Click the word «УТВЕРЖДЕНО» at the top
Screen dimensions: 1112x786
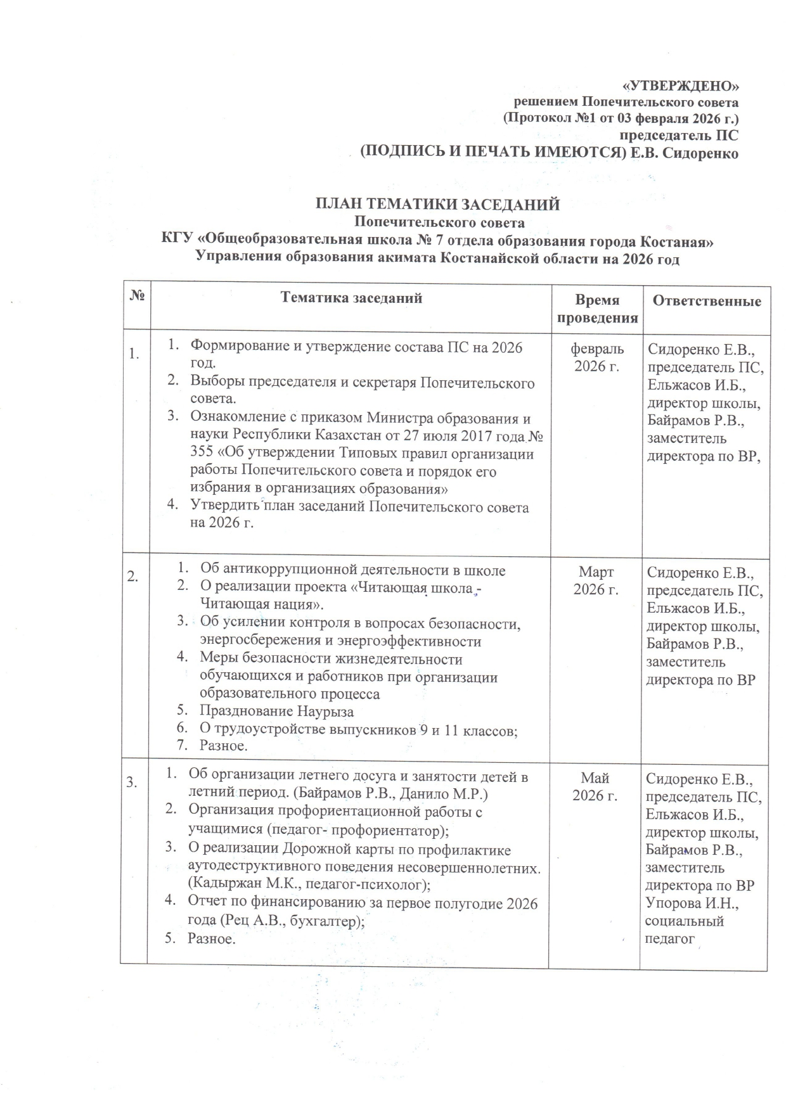679,86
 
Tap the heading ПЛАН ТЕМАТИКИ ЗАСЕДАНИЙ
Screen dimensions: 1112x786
439,205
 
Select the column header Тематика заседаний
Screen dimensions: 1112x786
351,298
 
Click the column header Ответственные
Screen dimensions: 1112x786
707,302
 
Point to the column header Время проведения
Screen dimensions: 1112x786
596,309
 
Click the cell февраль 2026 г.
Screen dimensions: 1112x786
596,357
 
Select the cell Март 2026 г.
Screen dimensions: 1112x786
596,580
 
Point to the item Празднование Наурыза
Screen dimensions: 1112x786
276,711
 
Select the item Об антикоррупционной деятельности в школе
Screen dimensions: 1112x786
352,570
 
